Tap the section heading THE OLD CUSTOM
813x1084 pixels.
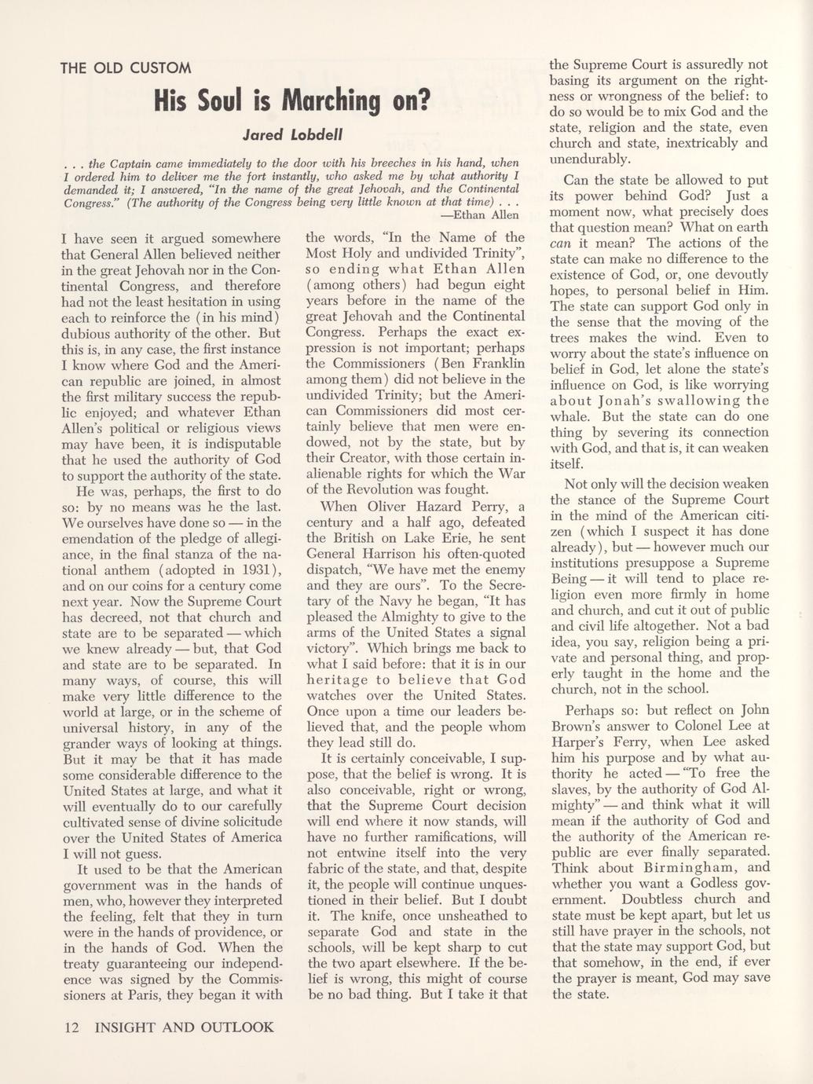click(x=126, y=67)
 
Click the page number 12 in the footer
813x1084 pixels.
click(x=71, y=1027)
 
